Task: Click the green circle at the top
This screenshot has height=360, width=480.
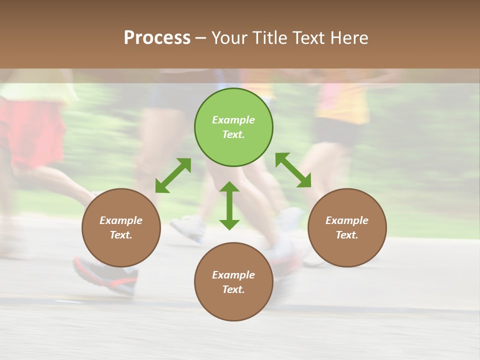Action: tap(233, 127)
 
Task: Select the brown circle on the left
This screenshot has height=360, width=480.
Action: tap(121, 227)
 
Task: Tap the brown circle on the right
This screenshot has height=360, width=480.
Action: tap(347, 227)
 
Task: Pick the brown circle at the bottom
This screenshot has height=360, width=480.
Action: tap(233, 282)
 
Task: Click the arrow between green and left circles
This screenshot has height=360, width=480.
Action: tap(173, 175)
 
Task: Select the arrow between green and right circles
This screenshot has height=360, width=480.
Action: tap(293, 170)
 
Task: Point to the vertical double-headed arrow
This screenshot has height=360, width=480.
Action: tap(229, 205)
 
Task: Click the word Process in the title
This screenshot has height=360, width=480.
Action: tap(157, 37)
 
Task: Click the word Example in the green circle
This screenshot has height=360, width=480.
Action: tap(233, 120)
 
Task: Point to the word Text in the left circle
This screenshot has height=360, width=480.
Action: tap(121, 235)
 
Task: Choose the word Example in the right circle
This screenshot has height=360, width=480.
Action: tap(347, 220)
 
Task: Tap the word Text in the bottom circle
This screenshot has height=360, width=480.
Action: tap(233, 289)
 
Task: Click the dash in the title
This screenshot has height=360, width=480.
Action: tap(200, 38)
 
